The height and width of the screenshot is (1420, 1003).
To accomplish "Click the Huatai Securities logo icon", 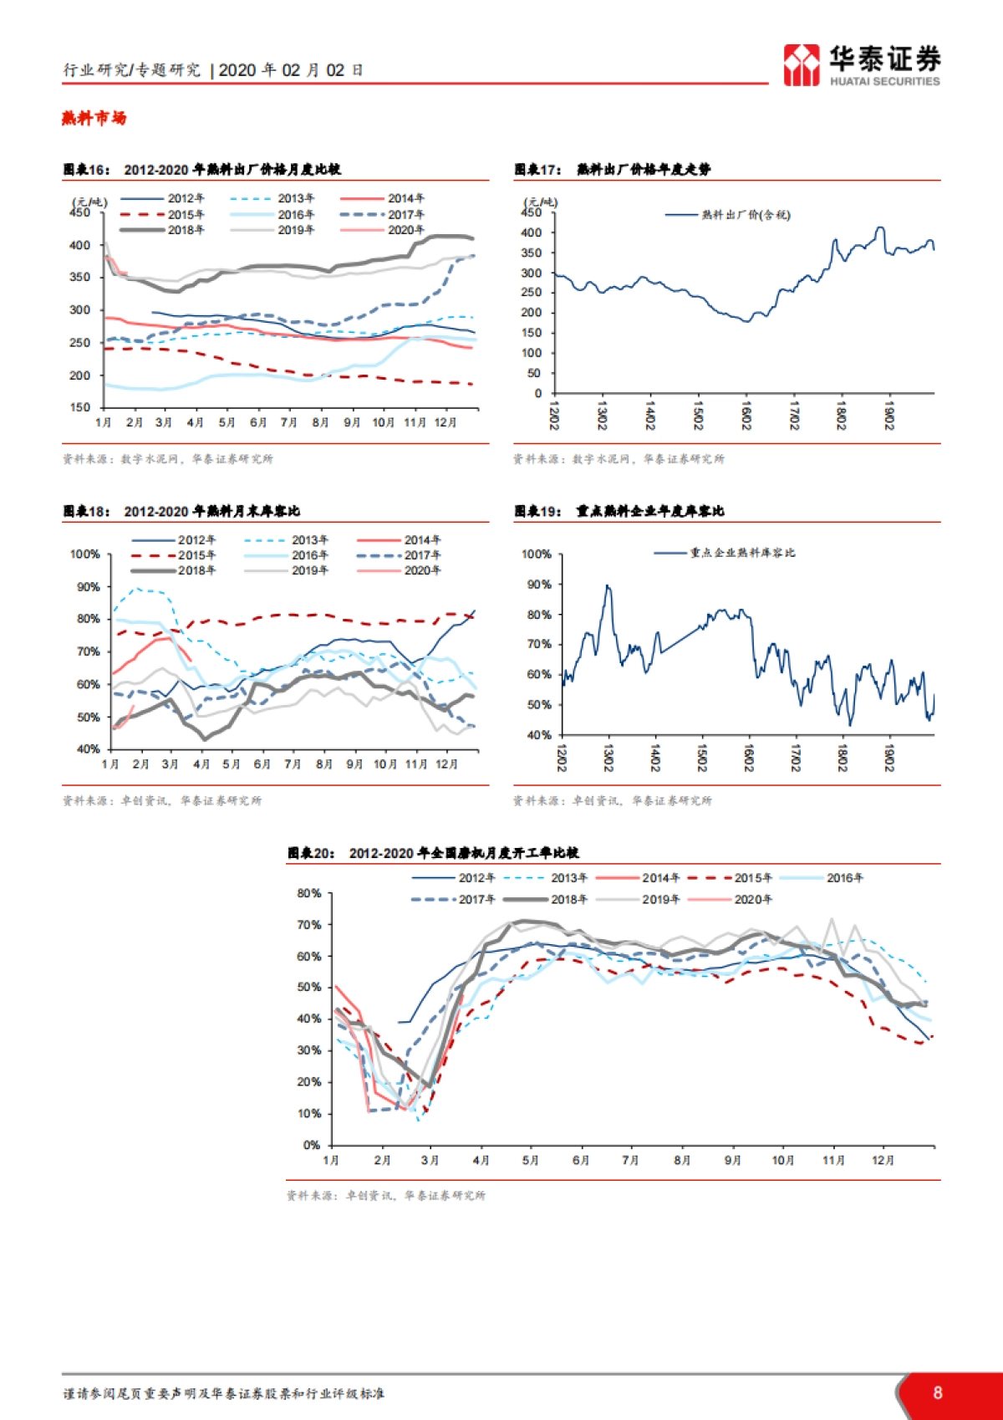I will (x=801, y=65).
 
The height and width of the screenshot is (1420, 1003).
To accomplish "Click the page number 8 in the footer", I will (x=938, y=1392).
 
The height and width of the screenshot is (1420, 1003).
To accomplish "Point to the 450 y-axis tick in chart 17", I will (x=531, y=212).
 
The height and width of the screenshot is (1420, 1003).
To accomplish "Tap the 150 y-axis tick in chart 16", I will (x=80, y=407).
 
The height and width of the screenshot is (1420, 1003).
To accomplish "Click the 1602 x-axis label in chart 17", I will (x=746, y=416).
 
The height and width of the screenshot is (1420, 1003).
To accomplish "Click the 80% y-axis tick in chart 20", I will (x=309, y=893).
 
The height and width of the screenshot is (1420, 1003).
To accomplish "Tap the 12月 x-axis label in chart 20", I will (x=883, y=1161).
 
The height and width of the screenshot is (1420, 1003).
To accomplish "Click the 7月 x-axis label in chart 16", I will (x=289, y=422).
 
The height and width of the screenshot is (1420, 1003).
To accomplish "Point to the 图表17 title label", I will (x=538, y=170).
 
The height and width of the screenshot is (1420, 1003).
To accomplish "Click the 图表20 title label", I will (x=312, y=853).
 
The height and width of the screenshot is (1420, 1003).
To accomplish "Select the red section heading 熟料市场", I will (x=94, y=118).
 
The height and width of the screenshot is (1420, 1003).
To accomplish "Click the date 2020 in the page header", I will (x=237, y=70).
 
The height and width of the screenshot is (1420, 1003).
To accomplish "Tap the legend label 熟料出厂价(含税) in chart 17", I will (x=745, y=215).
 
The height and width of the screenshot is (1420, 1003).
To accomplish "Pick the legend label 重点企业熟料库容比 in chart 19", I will (x=742, y=553).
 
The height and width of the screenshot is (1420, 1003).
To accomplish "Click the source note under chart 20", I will (x=385, y=1196).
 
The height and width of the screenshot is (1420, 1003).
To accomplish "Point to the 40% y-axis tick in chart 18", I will (x=88, y=749).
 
